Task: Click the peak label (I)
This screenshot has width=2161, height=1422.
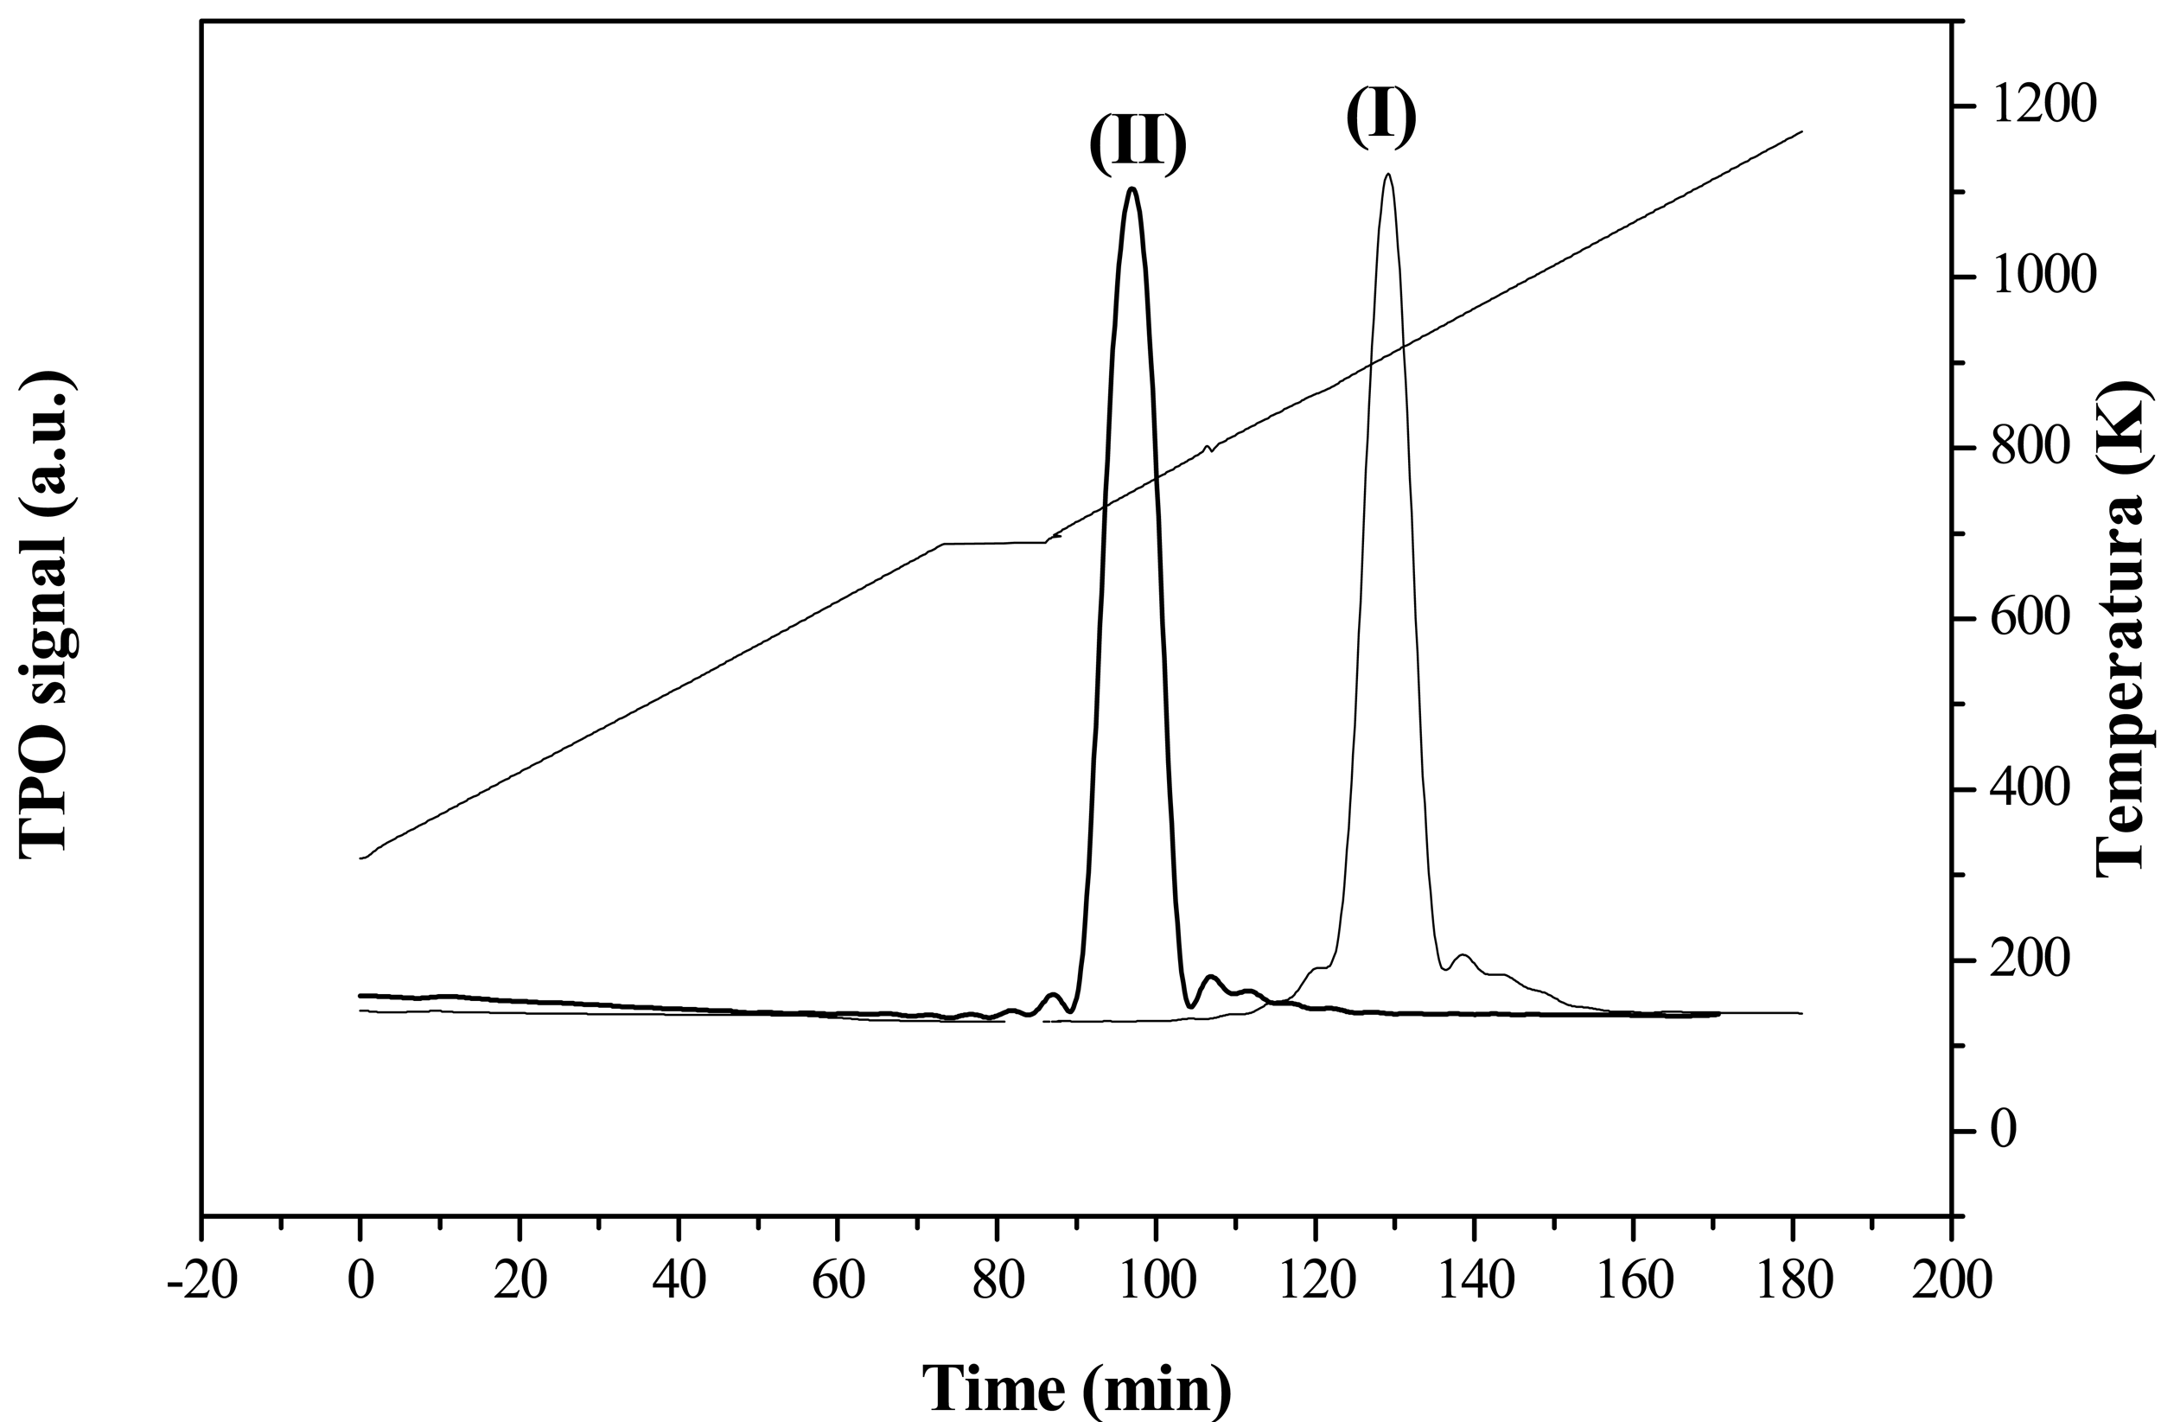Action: click(1381, 118)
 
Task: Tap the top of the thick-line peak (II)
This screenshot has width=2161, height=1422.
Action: click(1132, 188)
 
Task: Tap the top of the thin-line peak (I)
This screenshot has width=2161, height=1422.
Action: click(1387, 175)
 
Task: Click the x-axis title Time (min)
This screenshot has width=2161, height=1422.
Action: click(1077, 1388)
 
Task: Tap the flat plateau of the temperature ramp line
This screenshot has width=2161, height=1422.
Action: click(994, 543)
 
